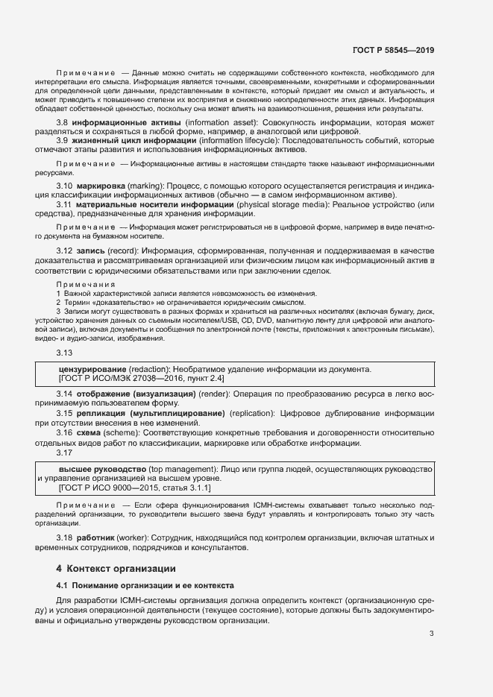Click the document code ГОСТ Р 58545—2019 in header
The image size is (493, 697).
coord(392,51)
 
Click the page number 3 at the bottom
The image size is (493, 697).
coord(431,634)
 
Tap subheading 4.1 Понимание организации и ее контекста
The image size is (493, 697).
coord(145,585)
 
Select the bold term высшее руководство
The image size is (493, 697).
coord(104,469)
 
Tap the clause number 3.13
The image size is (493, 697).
coord(65,353)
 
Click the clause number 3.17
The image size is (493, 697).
coord(65,452)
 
